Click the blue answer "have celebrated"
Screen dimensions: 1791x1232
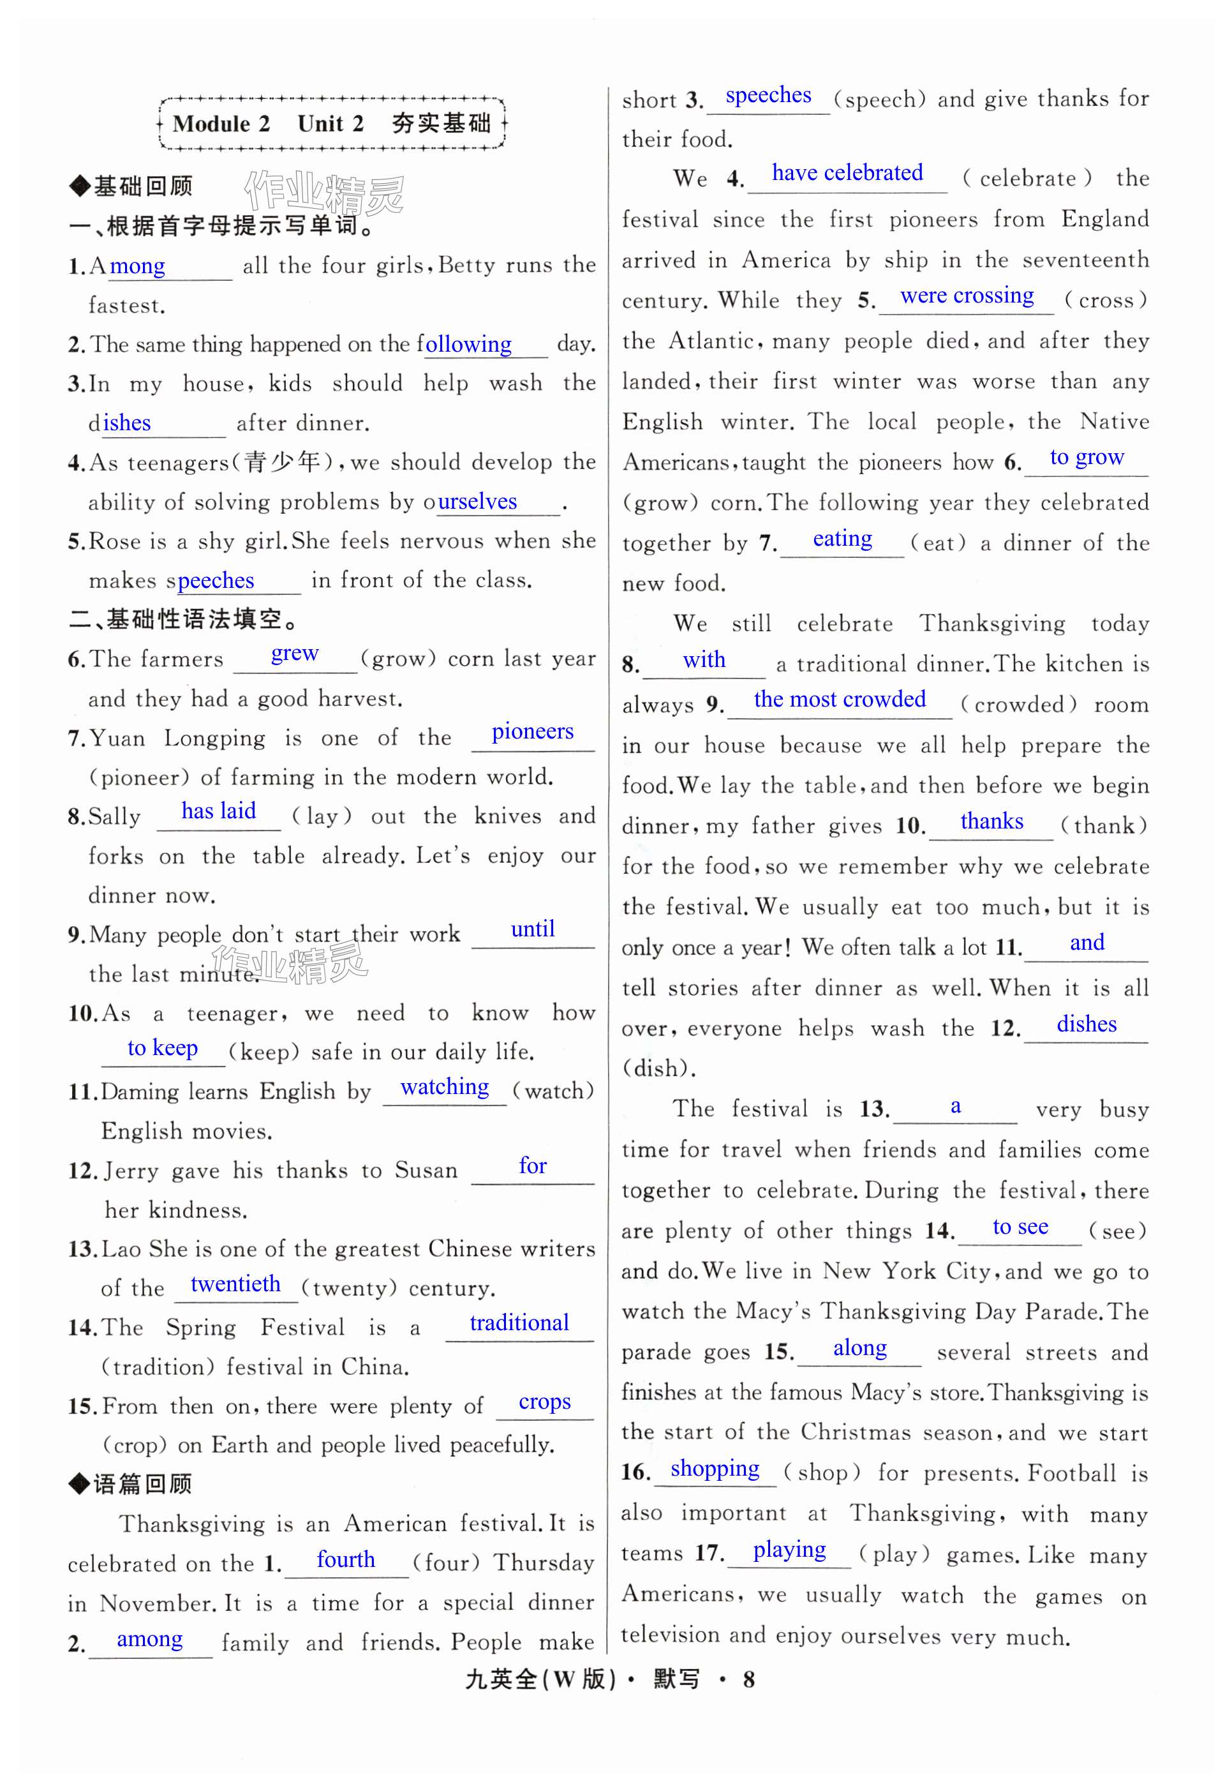click(847, 173)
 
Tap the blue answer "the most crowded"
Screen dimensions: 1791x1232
click(839, 700)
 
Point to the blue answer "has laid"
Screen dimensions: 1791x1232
click(218, 811)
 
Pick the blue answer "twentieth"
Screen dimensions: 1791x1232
click(235, 1284)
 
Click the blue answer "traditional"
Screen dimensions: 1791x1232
click(519, 1323)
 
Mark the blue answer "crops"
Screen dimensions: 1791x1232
click(544, 1402)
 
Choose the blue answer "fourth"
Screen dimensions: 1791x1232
click(345, 1559)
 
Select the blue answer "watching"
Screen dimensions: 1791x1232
click(445, 1088)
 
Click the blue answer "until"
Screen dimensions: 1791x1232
click(533, 929)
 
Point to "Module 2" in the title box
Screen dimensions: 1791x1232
click(221, 124)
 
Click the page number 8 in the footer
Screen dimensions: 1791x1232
click(748, 1679)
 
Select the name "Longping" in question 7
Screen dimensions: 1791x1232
click(214, 739)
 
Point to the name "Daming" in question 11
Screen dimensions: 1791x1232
click(136, 1092)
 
